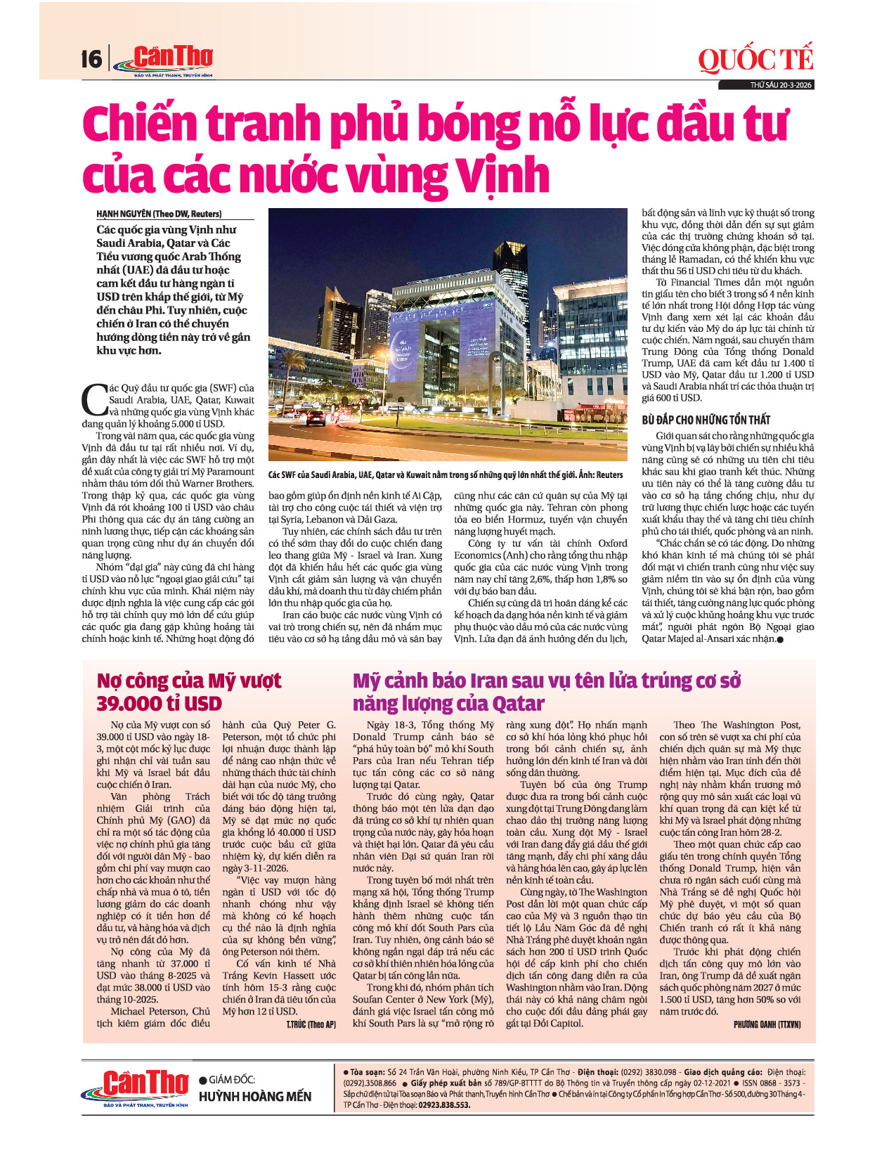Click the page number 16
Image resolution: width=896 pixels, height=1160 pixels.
point(91,58)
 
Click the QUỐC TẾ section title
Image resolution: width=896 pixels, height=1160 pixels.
point(755,60)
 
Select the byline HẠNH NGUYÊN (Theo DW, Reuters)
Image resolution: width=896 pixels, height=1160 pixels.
point(159,214)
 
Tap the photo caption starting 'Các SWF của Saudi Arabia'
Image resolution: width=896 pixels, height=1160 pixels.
point(446,475)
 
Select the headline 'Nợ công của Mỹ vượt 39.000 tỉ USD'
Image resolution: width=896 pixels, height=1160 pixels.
point(188,692)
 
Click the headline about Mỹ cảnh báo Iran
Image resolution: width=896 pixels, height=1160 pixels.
point(546,692)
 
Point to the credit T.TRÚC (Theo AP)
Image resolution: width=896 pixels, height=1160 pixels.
point(311,1024)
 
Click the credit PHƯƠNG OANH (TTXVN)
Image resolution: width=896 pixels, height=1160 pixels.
point(767,1024)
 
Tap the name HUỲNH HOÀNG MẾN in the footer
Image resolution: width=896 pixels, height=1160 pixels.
point(255,1097)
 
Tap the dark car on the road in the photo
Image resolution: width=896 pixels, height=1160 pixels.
point(316,417)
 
